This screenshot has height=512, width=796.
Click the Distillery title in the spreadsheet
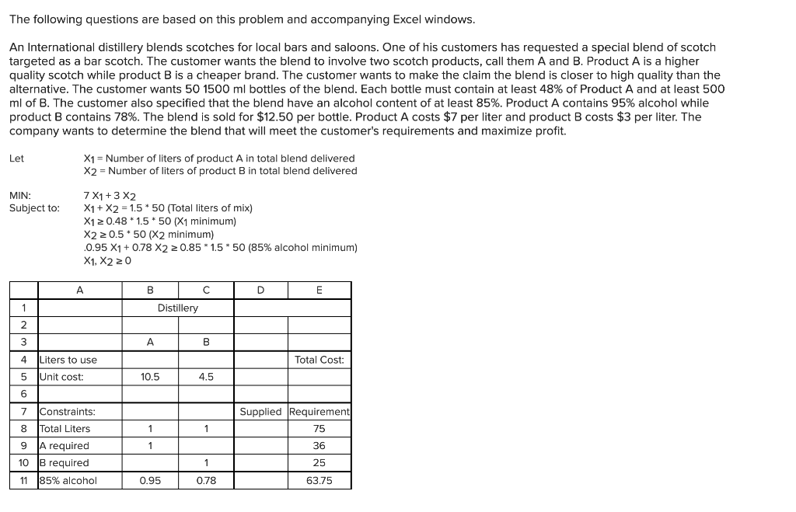pyautogui.click(x=178, y=308)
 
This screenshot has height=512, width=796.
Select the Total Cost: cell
pyautogui.click(x=319, y=360)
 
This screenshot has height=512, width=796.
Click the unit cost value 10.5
pyautogui.click(x=150, y=377)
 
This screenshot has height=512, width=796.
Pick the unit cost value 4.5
pyautogui.click(x=206, y=377)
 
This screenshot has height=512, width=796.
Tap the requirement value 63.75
pyautogui.click(x=319, y=480)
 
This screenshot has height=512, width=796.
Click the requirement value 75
pyautogui.click(x=319, y=429)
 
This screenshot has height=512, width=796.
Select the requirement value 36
pyautogui.click(x=319, y=446)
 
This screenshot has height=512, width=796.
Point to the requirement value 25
pyautogui.click(x=319, y=463)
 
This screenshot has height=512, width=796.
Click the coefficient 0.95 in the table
pyautogui.click(x=150, y=480)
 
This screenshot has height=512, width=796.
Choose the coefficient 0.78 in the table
pyautogui.click(x=206, y=480)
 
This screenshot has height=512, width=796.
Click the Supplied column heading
pyautogui.click(x=260, y=412)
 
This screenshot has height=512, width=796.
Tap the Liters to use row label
pyautogui.click(x=68, y=360)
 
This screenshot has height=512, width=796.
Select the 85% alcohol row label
pyautogui.click(x=68, y=480)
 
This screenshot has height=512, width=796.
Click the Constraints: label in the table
pyautogui.click(x=68, y=412)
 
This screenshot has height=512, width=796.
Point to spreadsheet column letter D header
pyautogui.click(x=261, y=291)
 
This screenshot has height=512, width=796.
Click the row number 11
pyautogui.click(x=24, y=480)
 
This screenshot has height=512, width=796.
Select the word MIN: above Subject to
pyautogui.click(x=20, y=196)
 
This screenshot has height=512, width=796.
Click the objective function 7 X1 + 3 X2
pyautogui.click(x=110, y=197)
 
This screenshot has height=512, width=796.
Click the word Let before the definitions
pyautogui.click(x=16, y=158)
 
